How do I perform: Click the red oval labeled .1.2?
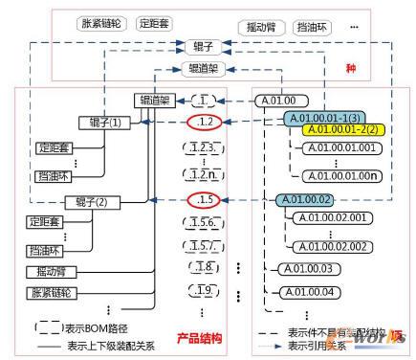coord(202,122)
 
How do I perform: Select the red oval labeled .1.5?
coord(202,200)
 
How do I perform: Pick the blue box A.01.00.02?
coord(304,198)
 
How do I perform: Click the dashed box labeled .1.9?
coord(201,289)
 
